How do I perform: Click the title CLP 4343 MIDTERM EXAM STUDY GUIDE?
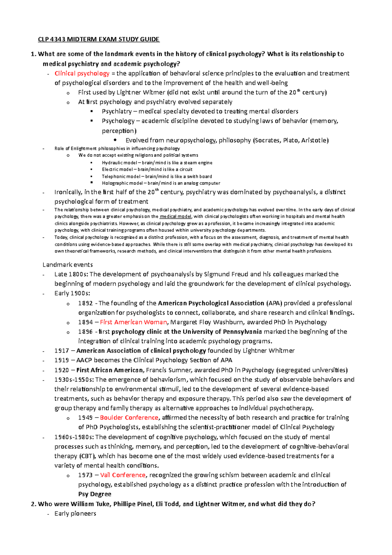point(99,40)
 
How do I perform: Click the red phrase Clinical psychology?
point(82,74)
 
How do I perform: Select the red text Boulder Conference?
point(129,418)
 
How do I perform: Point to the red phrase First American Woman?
point(133,322)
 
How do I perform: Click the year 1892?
point(85,303)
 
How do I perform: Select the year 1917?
point(61,351)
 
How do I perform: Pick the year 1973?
point(85,475)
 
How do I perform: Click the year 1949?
point(85,418)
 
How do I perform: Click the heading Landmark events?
point(68,265)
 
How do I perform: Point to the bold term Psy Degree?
point(95,494)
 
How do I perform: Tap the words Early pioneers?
point(75,513)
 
